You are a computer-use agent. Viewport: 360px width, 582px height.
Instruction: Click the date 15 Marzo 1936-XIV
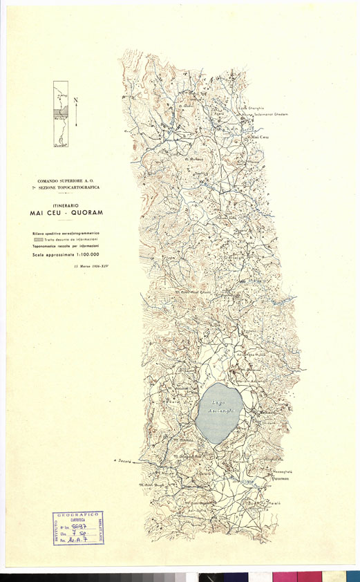(90, 266)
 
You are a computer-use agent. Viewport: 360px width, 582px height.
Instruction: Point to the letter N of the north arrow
(75, 101)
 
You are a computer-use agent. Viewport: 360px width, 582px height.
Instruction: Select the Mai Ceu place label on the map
(259, 138)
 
